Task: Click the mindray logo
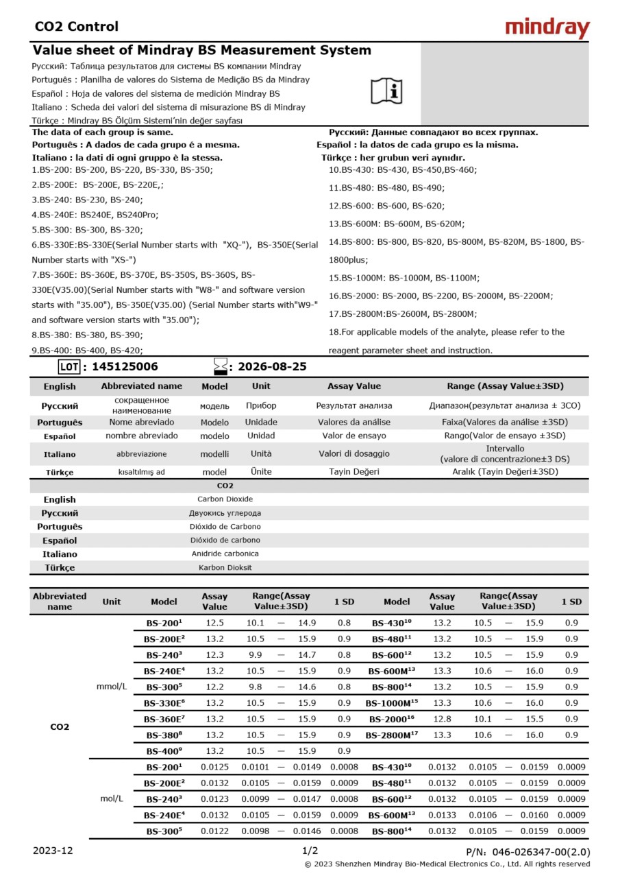(x=547, y=28)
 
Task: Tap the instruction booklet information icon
(x=387, y=91)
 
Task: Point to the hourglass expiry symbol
(x=221, y=366)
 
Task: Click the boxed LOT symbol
(x=69, y=367)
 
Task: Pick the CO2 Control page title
(x=76, y=27)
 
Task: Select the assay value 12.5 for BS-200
(x=214, y=623)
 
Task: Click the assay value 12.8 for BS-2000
(x=442, y=719)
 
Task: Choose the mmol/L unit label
(x=112, y=687)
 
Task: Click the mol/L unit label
(x=112, y=799)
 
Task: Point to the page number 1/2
(x=310, y=851)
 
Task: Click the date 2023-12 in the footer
(x=53, y=851)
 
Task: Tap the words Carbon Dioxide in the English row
(x=225, y=499)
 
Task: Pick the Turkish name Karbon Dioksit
(x=225, y=568)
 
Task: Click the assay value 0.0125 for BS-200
(x=214, y=767)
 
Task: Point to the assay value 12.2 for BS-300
(x=214, y=687)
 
